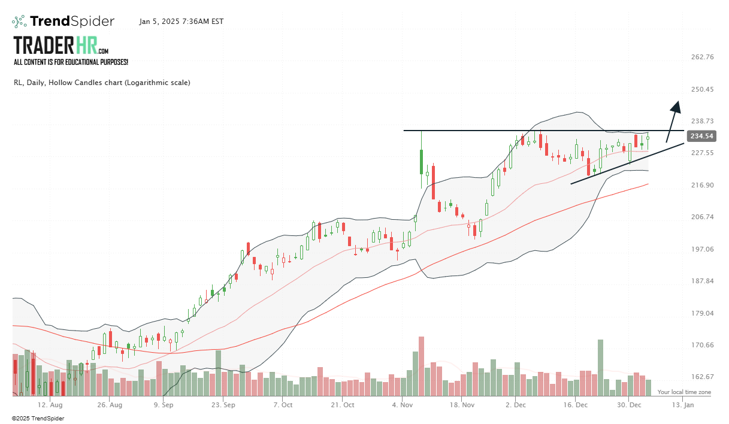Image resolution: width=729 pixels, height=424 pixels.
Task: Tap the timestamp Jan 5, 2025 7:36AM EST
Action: click(182, 22)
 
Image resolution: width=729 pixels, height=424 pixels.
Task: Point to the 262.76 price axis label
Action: click(702, 57)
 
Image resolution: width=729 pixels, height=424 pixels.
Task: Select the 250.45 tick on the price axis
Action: click(702, 90)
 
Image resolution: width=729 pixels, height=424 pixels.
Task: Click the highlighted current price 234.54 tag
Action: click(702, 137)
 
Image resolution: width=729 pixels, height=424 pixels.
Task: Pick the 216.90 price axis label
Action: click(702, 186)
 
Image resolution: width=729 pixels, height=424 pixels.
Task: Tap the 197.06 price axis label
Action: click(702, 249)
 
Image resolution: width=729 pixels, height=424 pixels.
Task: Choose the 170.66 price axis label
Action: click(702, 345)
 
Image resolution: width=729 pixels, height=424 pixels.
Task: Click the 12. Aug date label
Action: click(50, 405)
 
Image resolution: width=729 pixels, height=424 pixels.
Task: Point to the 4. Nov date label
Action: click(402, 405)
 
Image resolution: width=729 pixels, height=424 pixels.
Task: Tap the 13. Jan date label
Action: click(683, 405)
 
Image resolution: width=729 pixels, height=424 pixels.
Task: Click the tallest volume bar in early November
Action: click(421, 365)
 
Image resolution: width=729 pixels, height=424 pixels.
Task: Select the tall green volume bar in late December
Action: click(600, 367)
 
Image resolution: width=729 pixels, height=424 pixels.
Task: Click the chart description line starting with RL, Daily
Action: click(102, 83)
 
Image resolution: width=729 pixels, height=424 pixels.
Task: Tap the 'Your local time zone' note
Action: click(684, 392)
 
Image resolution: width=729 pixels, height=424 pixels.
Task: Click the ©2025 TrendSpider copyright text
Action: click(38, 418)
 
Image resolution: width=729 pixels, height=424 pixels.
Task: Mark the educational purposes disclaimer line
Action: click(71, 62)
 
